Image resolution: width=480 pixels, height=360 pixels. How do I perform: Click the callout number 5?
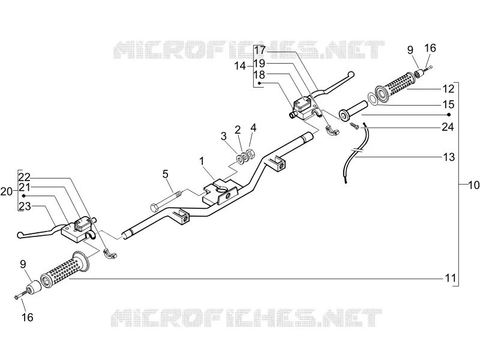coord(166,174)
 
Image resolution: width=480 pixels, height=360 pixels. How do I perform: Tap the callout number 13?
coord(449,157)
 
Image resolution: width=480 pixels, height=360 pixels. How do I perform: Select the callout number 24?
coord(448,127)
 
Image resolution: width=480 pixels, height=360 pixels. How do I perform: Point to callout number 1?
coord(202,161)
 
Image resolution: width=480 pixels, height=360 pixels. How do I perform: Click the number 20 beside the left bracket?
coord(7,192)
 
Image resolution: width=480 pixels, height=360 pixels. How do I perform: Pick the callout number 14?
coord(240,65)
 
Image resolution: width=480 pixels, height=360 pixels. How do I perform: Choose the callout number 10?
coord(474,185)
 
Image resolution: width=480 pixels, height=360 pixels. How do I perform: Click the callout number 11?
coord(450,278)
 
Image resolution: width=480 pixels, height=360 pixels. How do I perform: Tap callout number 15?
coord(448,104)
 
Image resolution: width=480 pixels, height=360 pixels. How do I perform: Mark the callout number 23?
coord(25,206)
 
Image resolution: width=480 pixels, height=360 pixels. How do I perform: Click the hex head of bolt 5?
coord(154,208)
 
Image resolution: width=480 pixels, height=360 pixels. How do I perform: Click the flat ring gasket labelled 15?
coord(372,99)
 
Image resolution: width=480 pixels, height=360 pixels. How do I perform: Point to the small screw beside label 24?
coord(355,125)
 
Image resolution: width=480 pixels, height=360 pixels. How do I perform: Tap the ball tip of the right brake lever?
coord(352,74)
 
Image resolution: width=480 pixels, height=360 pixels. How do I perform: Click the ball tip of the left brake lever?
coord(20,235)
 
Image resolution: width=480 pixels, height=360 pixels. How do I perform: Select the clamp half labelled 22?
coord(111,254)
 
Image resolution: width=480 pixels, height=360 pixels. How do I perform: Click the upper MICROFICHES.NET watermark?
coord(249,50)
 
